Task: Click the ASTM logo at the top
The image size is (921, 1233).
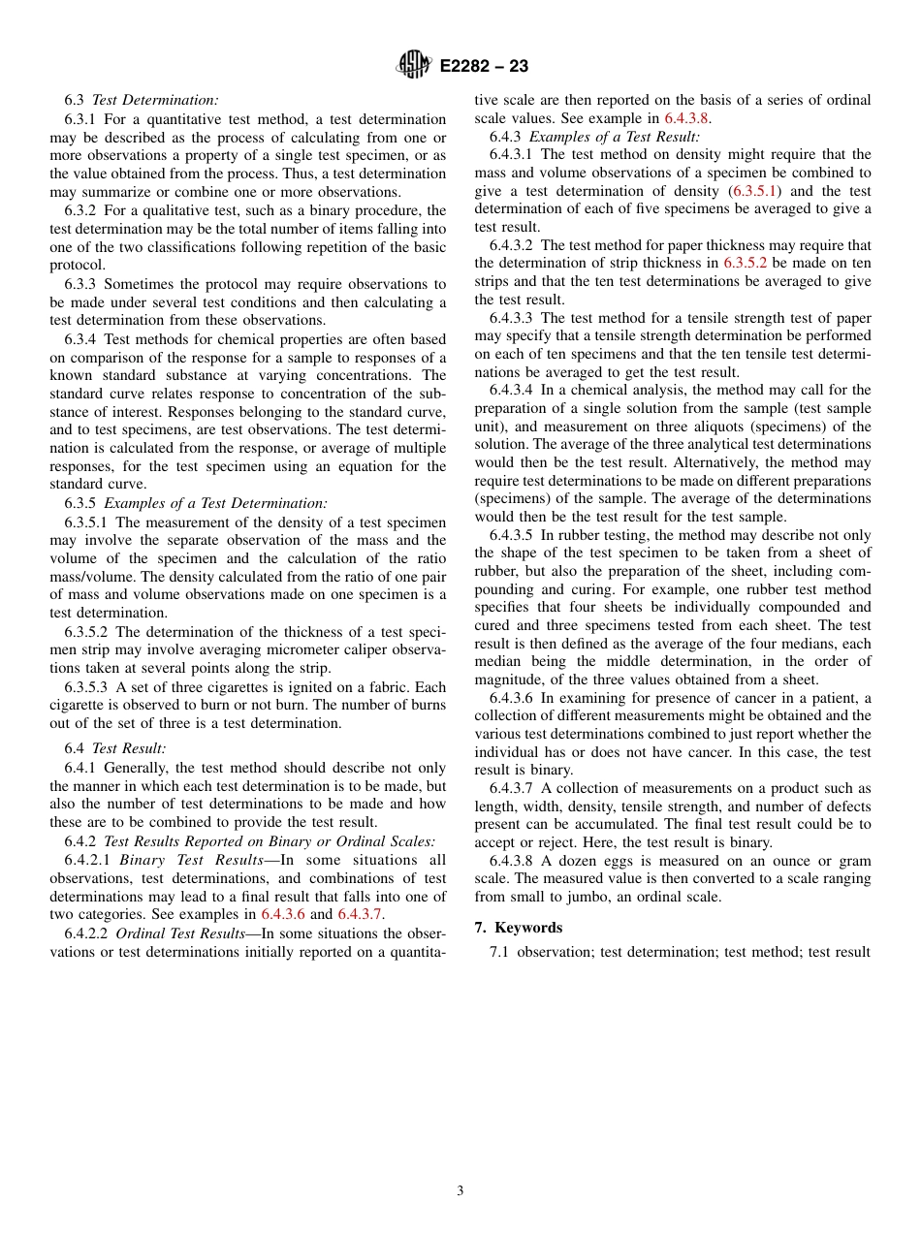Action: coord(414,66)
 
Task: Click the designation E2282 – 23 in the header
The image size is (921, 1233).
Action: coord(484,67)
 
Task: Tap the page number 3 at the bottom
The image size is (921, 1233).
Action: coord(460,1191)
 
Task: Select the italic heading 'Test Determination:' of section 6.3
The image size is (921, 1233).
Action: coord(155,100)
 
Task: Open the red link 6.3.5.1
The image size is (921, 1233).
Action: coord(758,192)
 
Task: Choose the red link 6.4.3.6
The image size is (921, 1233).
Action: coord(283,914)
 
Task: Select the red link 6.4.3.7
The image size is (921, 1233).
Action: coord(360,914)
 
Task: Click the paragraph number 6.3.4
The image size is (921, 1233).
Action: coord(81,339)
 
